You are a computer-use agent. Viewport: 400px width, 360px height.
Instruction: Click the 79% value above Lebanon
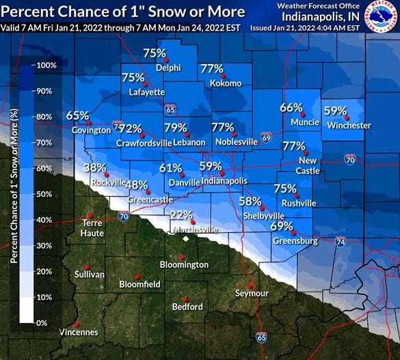(175, 128)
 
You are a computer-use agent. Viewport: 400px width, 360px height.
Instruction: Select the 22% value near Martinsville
(181, 214)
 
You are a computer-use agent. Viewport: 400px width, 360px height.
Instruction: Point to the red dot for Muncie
(302, 115)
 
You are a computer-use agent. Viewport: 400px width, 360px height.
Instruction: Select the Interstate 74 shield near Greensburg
(340, 242)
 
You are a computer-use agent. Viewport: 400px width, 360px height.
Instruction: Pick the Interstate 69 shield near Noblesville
(266, 138)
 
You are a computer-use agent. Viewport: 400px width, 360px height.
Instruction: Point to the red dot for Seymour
(250, 286)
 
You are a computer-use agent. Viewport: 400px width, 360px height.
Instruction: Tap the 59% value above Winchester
(335, 110)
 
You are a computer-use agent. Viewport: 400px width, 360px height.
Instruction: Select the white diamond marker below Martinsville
(184, 239)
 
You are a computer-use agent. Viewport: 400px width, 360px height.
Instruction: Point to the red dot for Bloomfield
(137, 276)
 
